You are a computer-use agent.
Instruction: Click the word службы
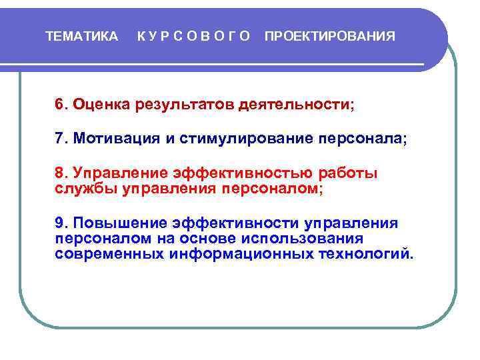point(87,189)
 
